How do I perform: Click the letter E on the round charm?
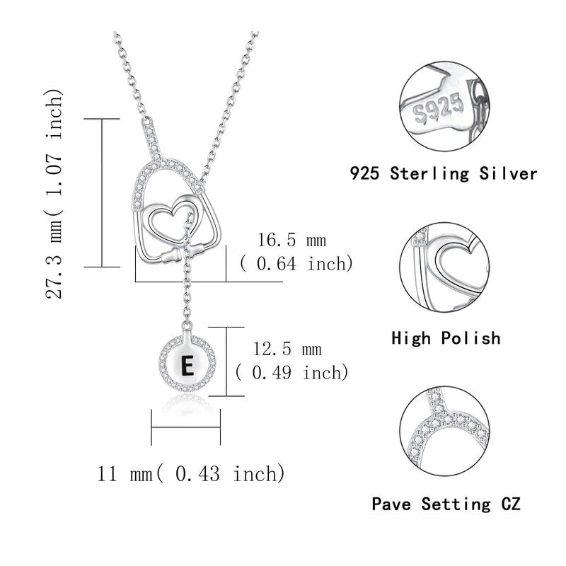click(187, 366)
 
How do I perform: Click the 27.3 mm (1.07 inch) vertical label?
click(57, 194)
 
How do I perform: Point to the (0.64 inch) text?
click(296, 264)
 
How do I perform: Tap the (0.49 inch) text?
click(291, 371)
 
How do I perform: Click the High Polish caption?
click(446, 338)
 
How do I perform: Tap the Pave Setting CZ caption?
click(446, 504)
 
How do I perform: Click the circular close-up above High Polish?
click(446, 268)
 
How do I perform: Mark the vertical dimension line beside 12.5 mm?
click(226, 361)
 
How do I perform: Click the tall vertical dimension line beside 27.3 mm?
click(103, 192)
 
